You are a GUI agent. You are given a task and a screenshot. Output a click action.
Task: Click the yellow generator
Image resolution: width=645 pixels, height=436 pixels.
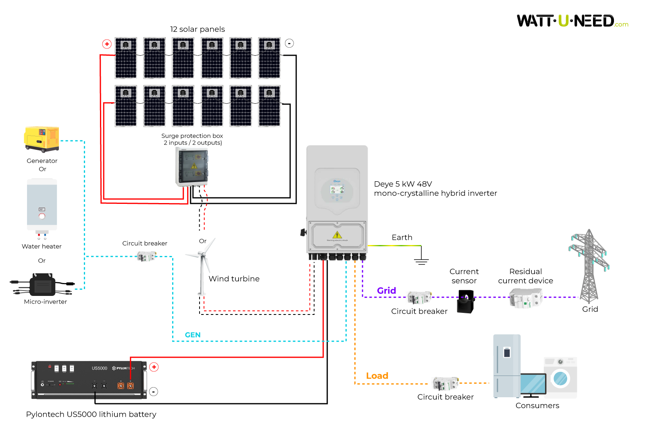tap(42, 139)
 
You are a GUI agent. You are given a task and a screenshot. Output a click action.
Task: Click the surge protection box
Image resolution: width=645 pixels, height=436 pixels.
tap(192, 167)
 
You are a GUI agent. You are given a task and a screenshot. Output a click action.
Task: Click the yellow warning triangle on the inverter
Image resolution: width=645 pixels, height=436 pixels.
tap(337, 235)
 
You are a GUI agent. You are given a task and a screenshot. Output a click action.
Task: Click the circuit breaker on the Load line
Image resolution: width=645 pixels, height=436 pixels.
tap(445, 383)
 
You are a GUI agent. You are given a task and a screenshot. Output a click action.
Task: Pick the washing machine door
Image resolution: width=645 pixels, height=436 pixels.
tap(560, 378)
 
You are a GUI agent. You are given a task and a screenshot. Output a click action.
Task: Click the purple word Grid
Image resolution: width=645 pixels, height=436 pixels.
tap(386, 291)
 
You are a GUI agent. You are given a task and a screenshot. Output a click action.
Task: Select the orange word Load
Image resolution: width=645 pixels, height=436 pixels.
tap(377, 376)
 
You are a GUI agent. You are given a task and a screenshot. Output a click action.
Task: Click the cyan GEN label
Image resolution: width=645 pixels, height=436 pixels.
tap(193, 335)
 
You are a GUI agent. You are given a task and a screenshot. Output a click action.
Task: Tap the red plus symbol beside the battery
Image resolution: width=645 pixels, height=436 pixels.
tap(154, 367)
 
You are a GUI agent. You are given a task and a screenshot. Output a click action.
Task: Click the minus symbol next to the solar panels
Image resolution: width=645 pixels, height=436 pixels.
tap(289, 43)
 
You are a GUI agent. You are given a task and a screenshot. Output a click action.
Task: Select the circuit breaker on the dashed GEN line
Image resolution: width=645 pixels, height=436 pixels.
tap(146, 256)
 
